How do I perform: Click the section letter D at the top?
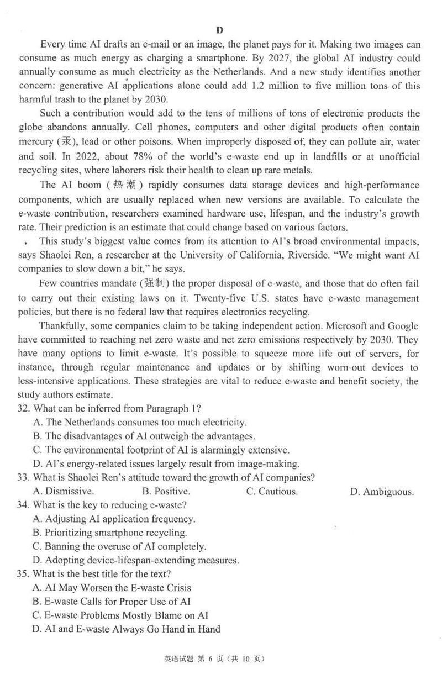pos(219,30)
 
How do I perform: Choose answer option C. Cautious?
pos(272,491)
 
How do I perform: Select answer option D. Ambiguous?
pos(382,492)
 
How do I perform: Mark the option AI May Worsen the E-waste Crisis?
pos(112,588)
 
